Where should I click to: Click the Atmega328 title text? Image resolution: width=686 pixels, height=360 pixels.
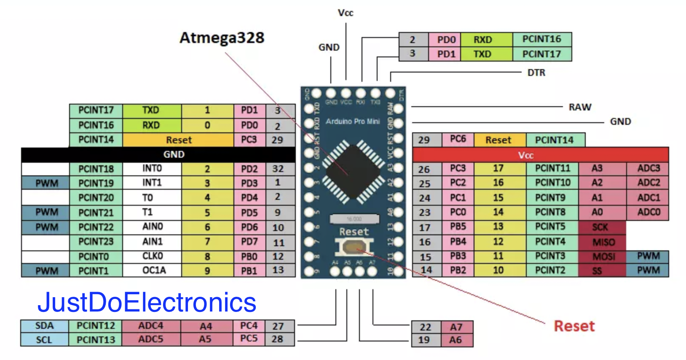click(x=222, y=38)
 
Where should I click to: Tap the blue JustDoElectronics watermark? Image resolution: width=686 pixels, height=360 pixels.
click(x=147, y=302)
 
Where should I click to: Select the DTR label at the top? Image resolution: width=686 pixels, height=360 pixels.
click(x=536, y=73)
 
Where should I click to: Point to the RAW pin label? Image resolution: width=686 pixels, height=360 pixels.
click(x=580, y=107)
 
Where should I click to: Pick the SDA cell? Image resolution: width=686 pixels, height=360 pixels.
click(x=44, y=326)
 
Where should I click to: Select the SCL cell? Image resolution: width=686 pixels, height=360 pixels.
click(x=44, y=340)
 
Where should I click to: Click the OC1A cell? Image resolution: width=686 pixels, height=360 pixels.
click(x=152, y=270)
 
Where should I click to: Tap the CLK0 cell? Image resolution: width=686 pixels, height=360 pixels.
click(x=152, y=256)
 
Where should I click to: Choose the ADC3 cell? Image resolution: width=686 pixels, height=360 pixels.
click(x=648, y=169)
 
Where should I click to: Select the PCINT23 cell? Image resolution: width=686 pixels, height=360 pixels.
click(x=96, y=242)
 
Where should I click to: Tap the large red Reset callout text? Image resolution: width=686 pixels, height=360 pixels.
click(x=574, y=326)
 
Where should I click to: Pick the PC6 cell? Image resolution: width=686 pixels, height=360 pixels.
click(x=458, y=140)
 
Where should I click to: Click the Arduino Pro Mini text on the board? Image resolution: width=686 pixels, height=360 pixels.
click(x=352, y=121)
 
